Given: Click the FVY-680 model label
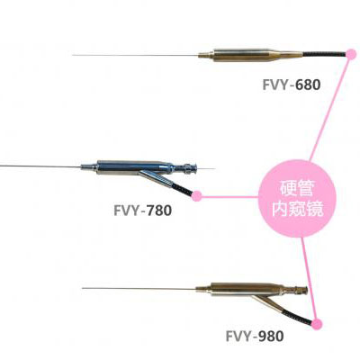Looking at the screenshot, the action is point(292,85).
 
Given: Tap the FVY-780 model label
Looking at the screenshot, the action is point(142,211).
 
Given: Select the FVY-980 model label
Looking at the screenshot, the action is point(255,337).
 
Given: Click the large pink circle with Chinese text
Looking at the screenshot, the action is point(297,199).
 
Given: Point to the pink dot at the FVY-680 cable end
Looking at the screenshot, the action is point(350,54).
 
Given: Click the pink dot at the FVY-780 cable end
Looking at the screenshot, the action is point(197,196).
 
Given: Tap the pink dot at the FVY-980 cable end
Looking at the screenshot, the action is point(317,324).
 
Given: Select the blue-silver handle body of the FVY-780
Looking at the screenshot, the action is point(133,167).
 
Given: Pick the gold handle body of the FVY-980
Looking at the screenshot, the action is point(247,290).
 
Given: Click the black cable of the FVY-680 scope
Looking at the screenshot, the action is point(324,54).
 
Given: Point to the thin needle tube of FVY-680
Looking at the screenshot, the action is point(136,55).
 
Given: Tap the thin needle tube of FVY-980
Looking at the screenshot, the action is point(139,289).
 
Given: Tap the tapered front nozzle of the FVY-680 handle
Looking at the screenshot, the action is point(206,55).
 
